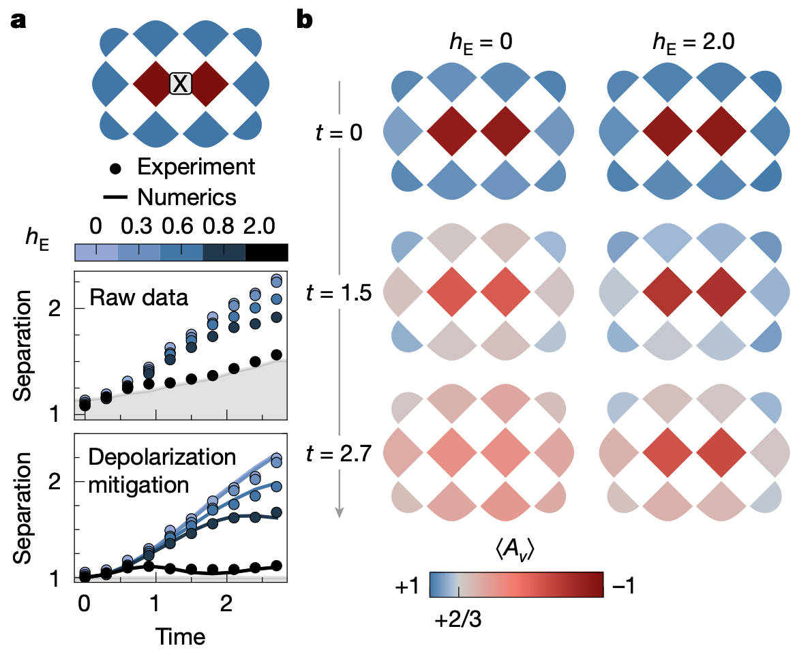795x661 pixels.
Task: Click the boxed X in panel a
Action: click(x=181, y=83)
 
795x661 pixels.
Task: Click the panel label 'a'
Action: click(x=18, y=20)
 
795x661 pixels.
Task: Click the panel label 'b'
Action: click(x=304, y=20)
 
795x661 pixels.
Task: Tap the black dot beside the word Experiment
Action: click(x=119, y=166)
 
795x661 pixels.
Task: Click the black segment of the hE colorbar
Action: click(x=266, y=252)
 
